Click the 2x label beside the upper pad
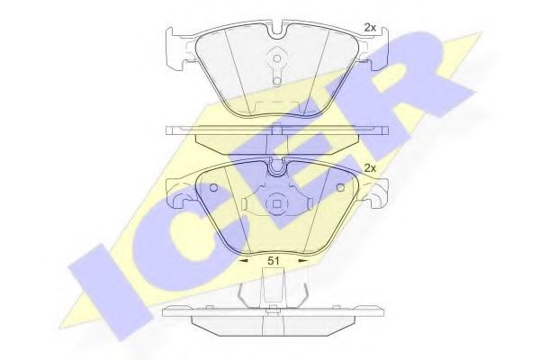[x=369, y=28]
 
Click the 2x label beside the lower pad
[x=369, y=168]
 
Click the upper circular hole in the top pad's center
[x=277, y=61]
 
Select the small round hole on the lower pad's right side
[x=340, y=188]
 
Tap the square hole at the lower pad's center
[x=277, y=202]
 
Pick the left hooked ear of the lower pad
[x=178, y=192]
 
